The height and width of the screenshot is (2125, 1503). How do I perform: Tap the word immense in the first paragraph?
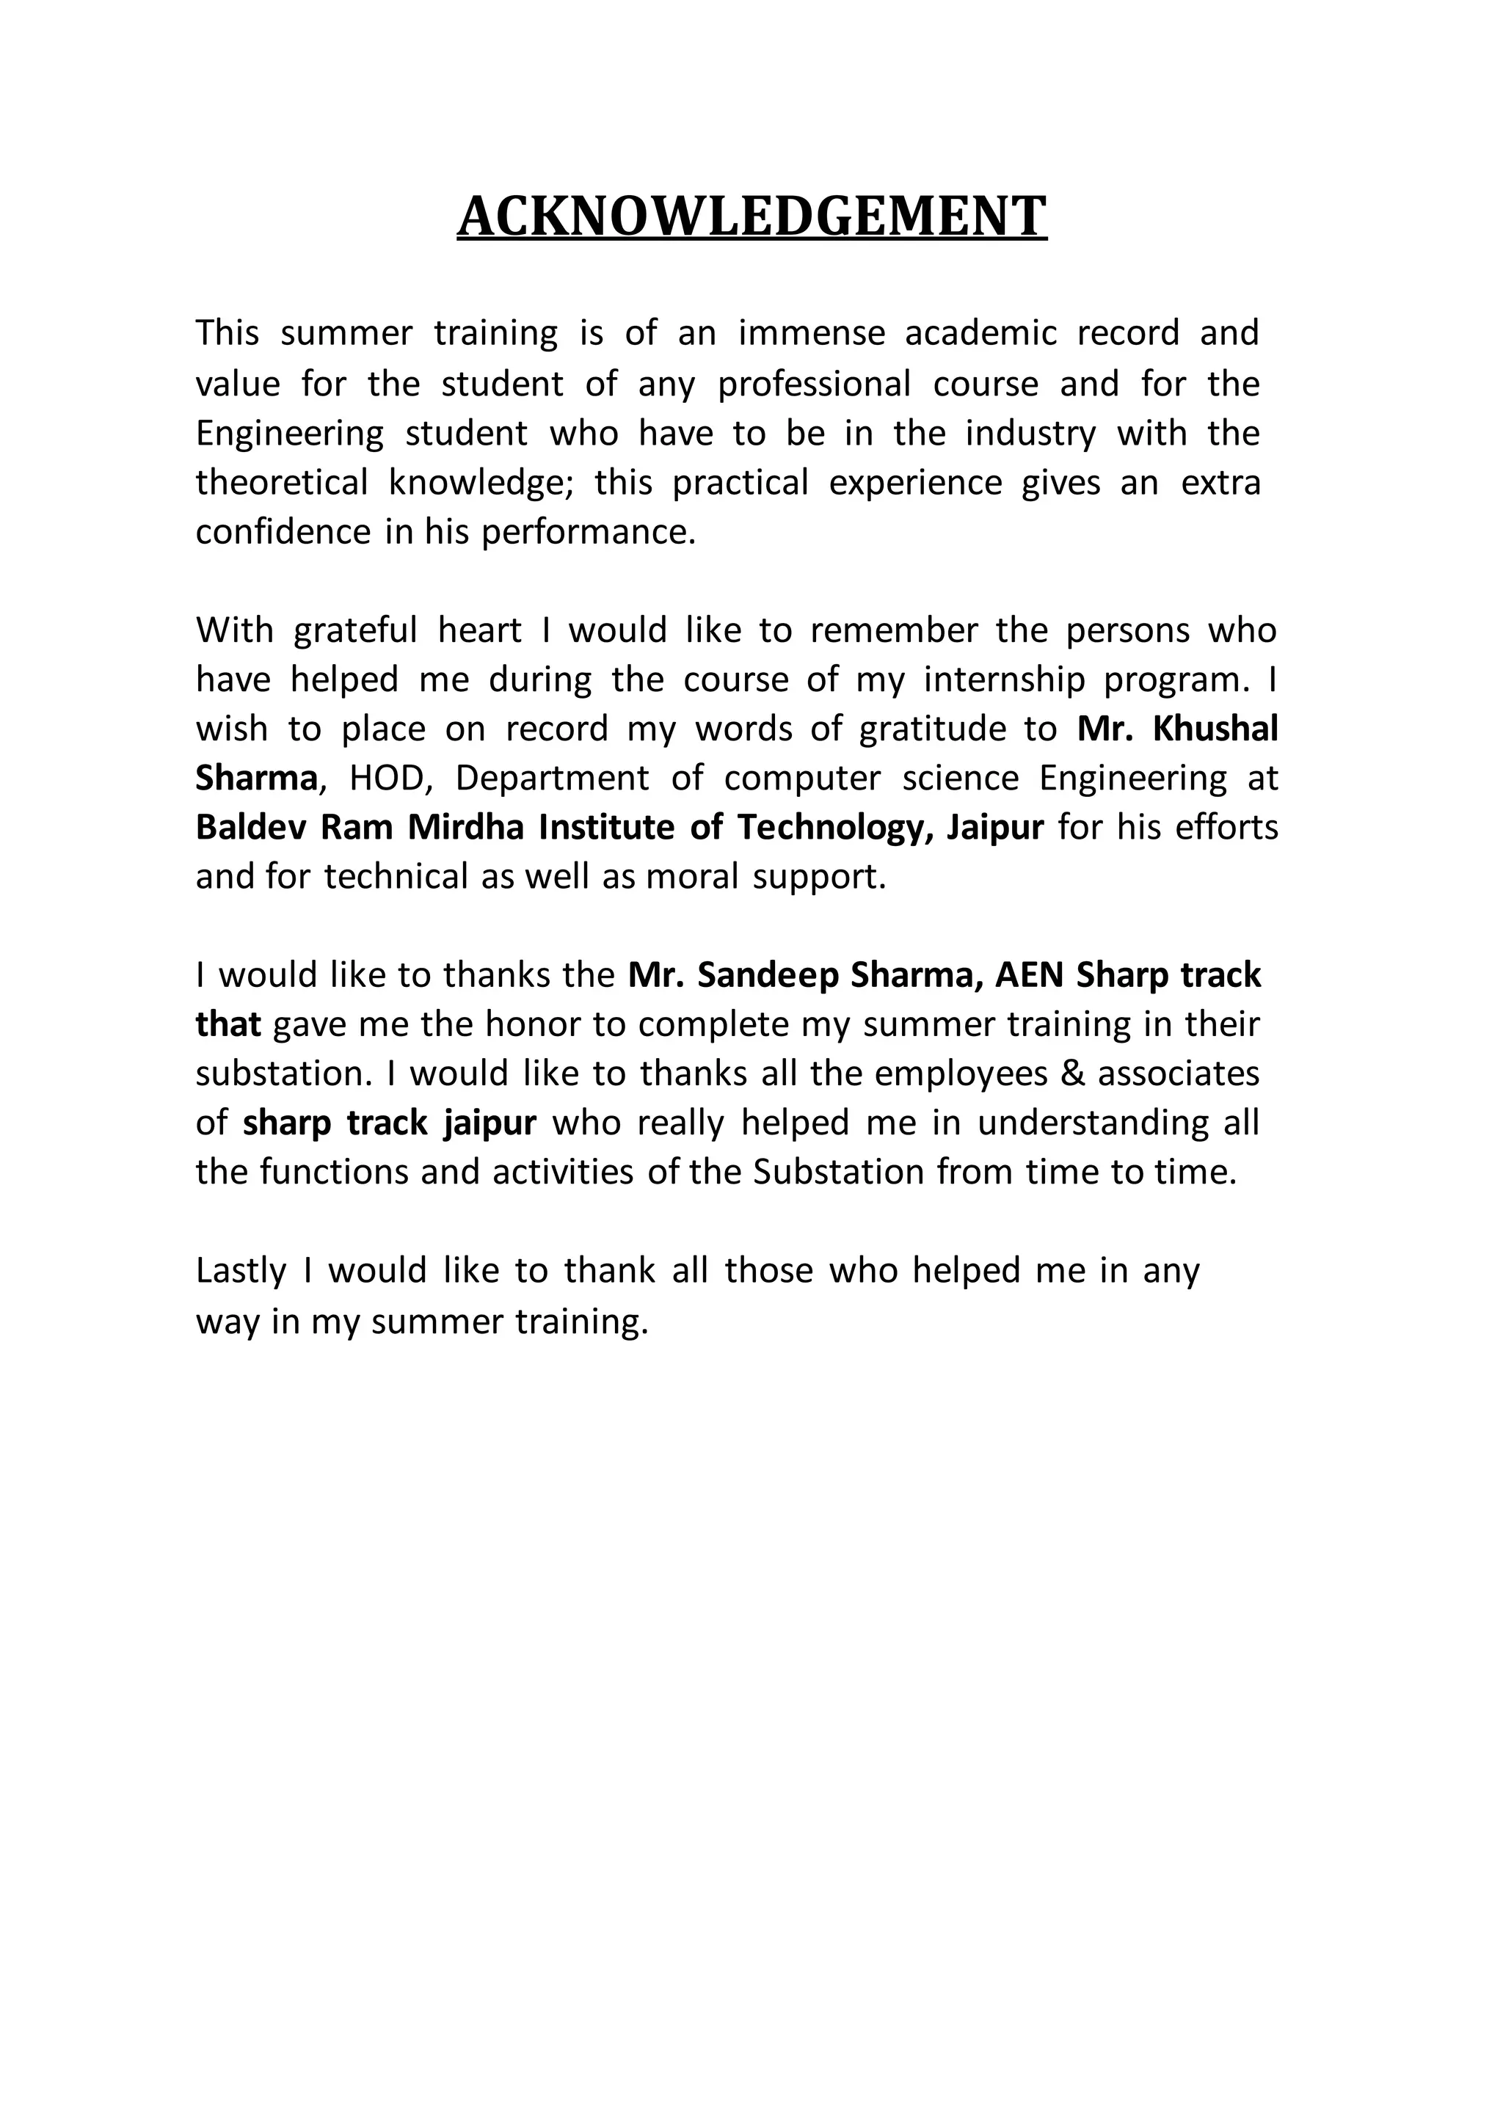811,333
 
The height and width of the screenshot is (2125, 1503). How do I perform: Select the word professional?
815,383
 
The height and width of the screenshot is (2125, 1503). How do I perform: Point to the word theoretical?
281,482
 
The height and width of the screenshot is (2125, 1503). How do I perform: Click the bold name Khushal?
1215,729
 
